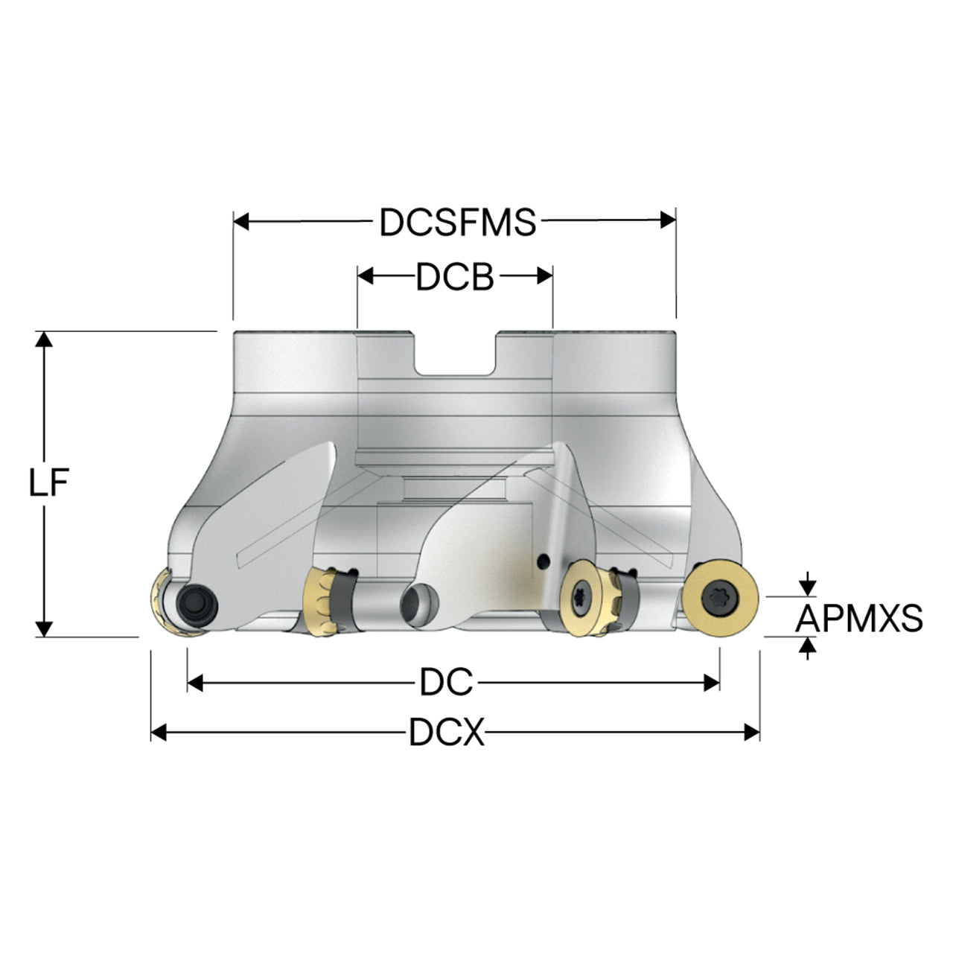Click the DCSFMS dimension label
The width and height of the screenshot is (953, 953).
click(457, 222)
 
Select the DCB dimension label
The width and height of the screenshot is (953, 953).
click(455, 277)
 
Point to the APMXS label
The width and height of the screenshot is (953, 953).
click(859, 618)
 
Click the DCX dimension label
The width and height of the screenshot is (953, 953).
click(447, 733)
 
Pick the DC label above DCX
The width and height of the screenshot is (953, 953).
click(446, 683)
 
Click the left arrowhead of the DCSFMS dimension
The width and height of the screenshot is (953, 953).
click(241, 220)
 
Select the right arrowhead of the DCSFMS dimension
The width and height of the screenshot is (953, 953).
click(668, 220)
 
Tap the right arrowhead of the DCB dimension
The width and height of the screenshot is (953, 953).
click(545, 276)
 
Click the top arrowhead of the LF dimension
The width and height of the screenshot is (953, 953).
click(44, 340)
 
